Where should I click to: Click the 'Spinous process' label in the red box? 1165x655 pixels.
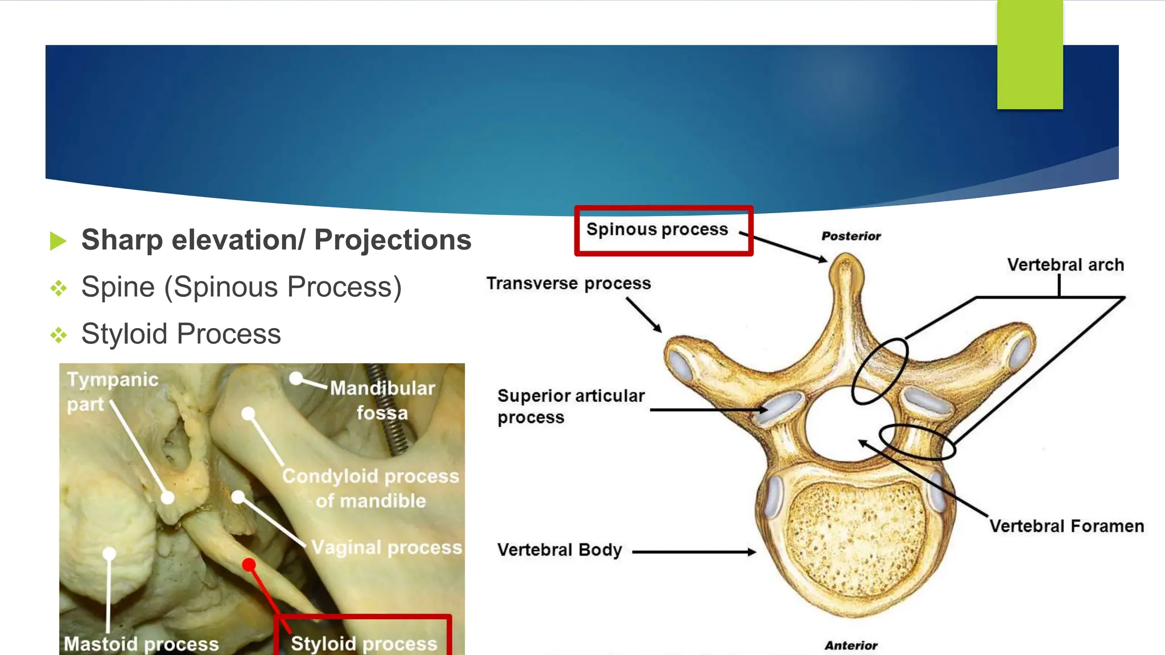pos(657,229)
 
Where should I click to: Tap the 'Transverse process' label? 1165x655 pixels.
pos(568,283)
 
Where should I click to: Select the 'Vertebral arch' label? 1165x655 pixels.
pos(1065,265)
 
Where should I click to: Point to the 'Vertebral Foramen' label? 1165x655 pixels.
pos(1067,526)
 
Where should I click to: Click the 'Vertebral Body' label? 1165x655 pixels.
pos(559,550)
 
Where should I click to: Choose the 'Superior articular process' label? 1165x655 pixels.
pos(571,406)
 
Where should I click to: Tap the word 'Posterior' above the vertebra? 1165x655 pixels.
pos(851,236)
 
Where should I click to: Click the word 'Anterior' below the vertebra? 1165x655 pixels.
pos(851,645)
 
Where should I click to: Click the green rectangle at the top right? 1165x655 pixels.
pos(1030,55)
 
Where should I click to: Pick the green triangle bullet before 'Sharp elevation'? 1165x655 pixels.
pos(58,241)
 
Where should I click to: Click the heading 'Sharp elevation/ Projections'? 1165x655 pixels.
pos(276,240)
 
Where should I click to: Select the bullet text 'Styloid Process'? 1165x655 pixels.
pos(181,334)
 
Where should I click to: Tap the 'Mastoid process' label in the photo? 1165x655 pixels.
pos(141,644)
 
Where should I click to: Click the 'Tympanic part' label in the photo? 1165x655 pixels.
pos(112,391)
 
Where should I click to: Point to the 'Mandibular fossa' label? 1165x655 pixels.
pos(382,400)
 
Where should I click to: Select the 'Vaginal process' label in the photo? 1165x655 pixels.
pos(387,547)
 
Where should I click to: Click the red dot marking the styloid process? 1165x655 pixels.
pos(249,564)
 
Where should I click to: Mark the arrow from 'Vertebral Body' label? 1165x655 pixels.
pos(694,552)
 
